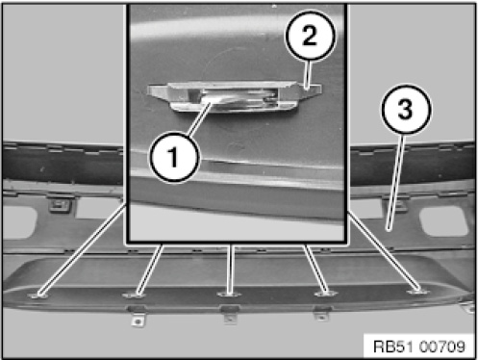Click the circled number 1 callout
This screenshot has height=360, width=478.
pyautogui.click(x=174, y=158)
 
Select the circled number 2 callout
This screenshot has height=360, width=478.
pyautogui.click(x=310, y=36)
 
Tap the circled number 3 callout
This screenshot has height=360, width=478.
pyautogui.click(x=406, y=109)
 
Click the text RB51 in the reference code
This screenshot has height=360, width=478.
pyautogui.click(x=394, y=347)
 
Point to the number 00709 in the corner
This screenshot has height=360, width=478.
pyautogui.click(x=441, y=347)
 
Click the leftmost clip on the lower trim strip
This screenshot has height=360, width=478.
pyautogui.click(x=38, y=295)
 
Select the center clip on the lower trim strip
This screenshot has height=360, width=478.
pyautogui.click(x=227, y=294)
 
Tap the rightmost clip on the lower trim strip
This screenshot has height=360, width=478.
pyautogui.click(x=418, y=292)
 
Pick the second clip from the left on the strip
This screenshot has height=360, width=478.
pyautogui.click(x=134, y=295)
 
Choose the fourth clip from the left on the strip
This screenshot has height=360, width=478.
pyautogui.click(x=324, y=294)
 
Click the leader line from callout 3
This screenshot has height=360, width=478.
pyautogui.click(x=396, y=182)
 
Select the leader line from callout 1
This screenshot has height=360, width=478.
pyautogui.click(x=199, y=118)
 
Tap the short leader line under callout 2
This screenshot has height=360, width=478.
pyautogui.click(x=308, y=74)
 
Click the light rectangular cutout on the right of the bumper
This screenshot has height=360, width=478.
pyautogui.click(x=443, y=221)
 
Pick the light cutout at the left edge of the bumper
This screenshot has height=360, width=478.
pyautogui.click(x=18, y=222)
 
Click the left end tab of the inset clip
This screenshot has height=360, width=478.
pyautogui.click(x=158, y=91)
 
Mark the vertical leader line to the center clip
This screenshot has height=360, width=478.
pyautogui.click(x=230, y=269)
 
